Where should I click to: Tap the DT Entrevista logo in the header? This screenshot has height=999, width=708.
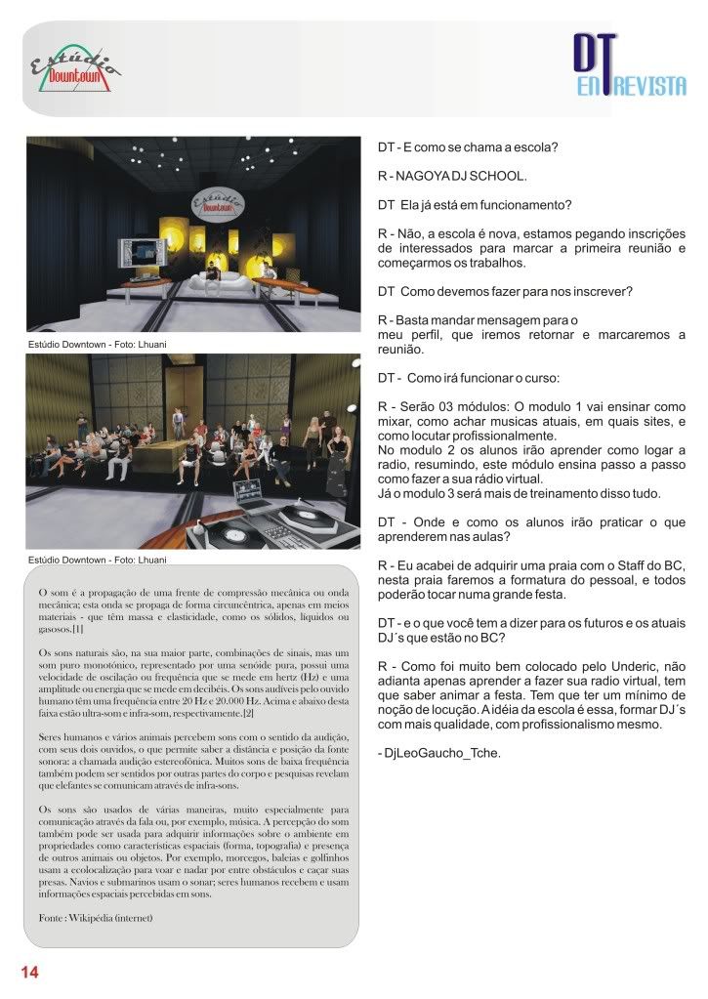pyautogui.click(x=628, y=69)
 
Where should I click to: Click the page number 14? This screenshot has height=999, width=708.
pyautogui.click(x=28, y=972)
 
